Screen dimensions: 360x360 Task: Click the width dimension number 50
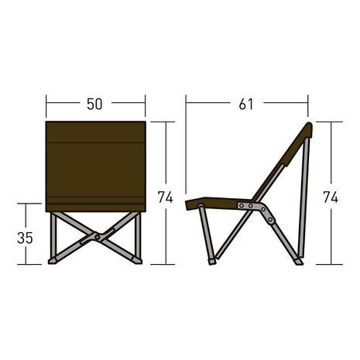point(94,105)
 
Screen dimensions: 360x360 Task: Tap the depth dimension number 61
point(246,105)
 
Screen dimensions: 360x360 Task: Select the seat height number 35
point(25,238)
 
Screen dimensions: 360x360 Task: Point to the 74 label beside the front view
point(166,197)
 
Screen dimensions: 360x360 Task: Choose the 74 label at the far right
point(331,197)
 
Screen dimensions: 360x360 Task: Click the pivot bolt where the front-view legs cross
point(98,236)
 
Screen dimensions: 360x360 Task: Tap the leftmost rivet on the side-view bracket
point(242,205)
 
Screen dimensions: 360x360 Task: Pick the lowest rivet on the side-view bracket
point(270,220)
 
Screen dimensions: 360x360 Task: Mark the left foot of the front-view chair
point(53,260)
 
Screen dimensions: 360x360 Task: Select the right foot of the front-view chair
point(138,260)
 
